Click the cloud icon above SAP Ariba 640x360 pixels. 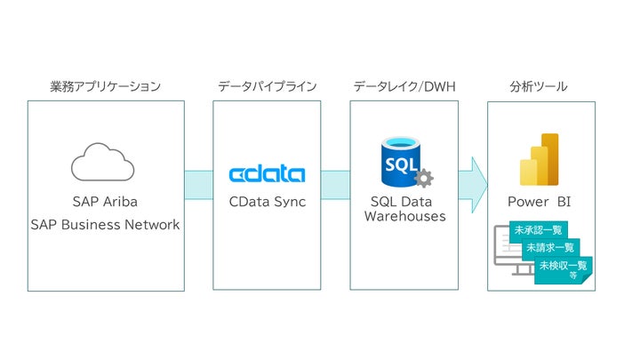[x=102, y=163]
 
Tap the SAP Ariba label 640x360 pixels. [x=105, y=202]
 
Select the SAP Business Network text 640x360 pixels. [x=105, y=225]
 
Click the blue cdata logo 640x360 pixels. [x=267, y=173]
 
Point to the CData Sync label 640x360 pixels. [x=267, y=202]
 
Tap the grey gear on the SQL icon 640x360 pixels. [x=423, y=178]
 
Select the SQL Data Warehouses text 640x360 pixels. [x=404, y=209]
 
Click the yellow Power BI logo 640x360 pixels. [x=540, y=159]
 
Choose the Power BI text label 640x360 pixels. [x=540, y=202]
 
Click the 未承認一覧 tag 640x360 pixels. [x=532, y=231]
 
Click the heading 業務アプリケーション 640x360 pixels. [x=106, y=86]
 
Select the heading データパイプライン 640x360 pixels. [x=267, y=86]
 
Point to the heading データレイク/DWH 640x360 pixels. [x=404, y=86]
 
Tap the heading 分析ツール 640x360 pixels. [x=540, y=86]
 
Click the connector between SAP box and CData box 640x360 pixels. [x=198, y=185]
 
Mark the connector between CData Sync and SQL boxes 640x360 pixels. [x=335, y=185]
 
